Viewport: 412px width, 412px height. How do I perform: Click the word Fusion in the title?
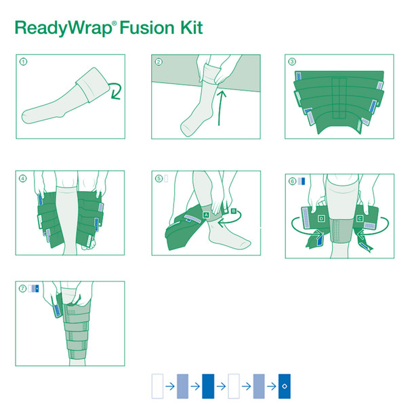(x=147, y=27)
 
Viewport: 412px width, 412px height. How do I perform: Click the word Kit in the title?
(x=192, y=27)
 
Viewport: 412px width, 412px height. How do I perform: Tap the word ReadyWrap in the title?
(x=63, y=28)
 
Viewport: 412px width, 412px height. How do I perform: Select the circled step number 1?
(x=24, y=62)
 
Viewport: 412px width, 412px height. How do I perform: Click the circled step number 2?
(x=159, y=62)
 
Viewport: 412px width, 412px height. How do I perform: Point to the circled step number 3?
(x=292, y=62)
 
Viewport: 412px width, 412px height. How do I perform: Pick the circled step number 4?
(x=23, y=179)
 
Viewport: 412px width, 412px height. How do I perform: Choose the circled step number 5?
(x=159, y=179)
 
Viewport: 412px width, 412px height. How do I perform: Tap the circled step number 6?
(x=293, y=182)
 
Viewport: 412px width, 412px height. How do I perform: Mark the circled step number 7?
(x=22, y=289)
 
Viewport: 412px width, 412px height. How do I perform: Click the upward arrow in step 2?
(x=221, y=108)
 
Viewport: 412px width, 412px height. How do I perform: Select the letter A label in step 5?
(x=206, y=215)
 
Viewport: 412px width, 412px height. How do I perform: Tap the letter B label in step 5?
(x=234, y=211)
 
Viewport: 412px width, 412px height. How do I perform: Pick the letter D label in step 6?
(x=321, y=218)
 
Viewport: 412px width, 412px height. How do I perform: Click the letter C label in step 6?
(x=360, y=218)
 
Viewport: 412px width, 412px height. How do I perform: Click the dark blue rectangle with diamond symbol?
(x=285, y=386)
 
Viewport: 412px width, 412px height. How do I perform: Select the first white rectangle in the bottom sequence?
(x=157, y=386)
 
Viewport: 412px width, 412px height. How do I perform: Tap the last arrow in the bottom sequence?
(x=272, y=386)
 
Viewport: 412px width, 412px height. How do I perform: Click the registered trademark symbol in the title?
(x=115, y=23)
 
